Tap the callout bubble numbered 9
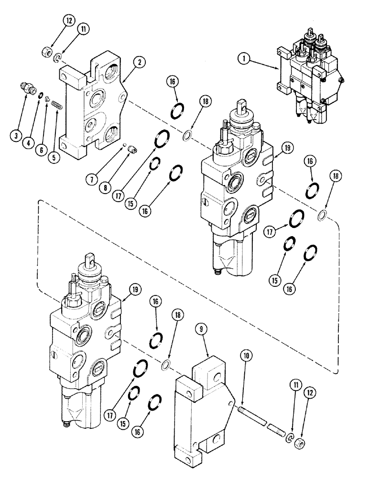201,329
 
